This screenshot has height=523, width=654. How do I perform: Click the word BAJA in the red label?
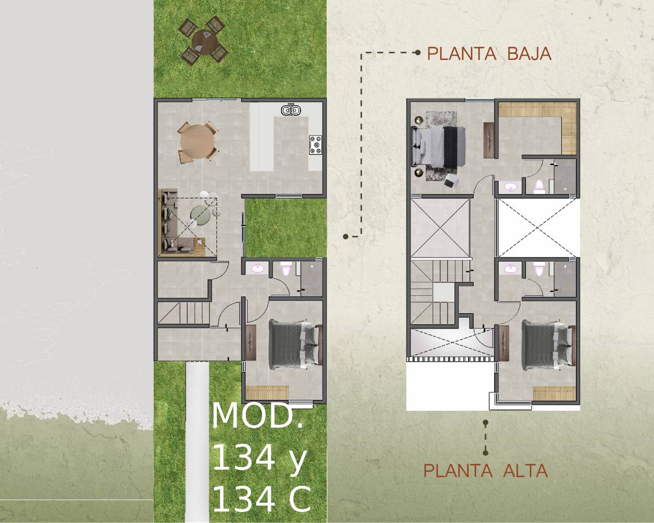[x=529, y=53]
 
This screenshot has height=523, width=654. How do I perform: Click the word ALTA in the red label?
[x=525, y=471]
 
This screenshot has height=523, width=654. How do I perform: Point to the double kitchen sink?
[x=291, y=110]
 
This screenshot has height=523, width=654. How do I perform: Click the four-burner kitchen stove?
[x=316, y=145]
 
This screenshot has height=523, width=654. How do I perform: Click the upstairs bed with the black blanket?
[x=438, y=147]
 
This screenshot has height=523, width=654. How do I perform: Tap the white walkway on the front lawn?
[x=197, y=441]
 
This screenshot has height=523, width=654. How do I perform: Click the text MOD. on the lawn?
[x=257, y=416]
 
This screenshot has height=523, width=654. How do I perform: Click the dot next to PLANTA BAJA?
[x=418, y=53]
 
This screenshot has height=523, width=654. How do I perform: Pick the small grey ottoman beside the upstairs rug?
[x=451, y=181]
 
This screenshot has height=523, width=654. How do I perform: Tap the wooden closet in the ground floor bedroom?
[x=267, y=393]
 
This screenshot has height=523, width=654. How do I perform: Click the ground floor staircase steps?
[x=184, y=313]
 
